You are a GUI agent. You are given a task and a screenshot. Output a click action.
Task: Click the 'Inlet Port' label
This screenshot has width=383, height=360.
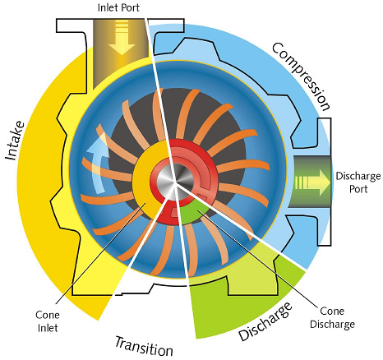tap(118, 7)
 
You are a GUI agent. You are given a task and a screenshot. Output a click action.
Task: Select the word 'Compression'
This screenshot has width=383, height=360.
tap(301, 76)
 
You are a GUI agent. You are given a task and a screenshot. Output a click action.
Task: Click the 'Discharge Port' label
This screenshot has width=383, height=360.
tap(358, 182)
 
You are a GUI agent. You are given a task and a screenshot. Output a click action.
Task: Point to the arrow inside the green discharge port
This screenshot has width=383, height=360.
tap(312, 182)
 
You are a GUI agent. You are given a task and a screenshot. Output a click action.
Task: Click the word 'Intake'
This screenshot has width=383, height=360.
tap(15, 141)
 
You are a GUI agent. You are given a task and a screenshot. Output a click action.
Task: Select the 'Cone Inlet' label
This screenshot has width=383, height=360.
tap(48, 321)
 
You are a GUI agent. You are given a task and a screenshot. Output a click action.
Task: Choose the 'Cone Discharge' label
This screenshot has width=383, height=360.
tap(332, 318)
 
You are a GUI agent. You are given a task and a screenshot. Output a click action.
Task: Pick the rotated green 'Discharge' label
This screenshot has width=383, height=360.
tap(265, 321)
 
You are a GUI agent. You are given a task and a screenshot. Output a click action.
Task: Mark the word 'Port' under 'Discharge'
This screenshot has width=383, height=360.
tap(358, 189)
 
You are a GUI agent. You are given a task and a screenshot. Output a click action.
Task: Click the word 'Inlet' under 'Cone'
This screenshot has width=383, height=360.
tap(48, 328)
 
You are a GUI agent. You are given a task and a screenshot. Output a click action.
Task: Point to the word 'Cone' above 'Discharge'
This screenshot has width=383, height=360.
tap(332, 312)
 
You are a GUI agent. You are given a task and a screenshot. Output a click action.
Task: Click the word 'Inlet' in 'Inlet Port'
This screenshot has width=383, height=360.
tap(107, 7)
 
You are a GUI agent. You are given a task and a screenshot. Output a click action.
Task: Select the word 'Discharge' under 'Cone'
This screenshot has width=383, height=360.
tap(332, 325)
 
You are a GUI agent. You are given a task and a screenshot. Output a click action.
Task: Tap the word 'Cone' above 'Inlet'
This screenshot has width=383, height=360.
tap(48, 315)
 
